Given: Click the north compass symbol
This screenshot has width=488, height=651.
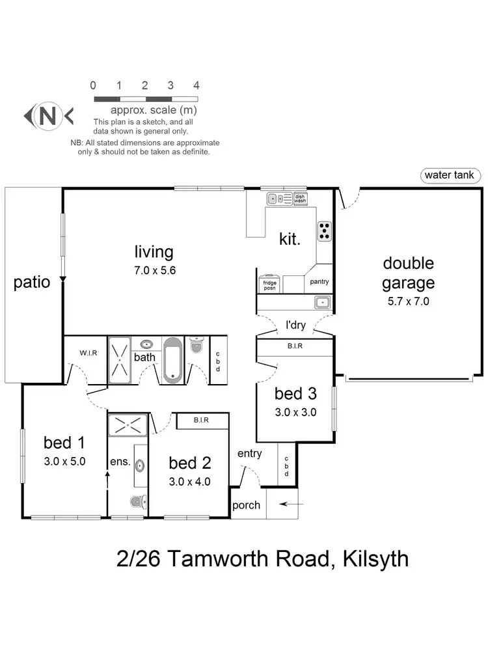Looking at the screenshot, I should tap(48, 116).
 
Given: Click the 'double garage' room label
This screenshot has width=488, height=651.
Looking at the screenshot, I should tap(408, 273).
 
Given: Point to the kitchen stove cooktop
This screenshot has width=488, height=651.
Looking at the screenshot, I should tap(324, 230).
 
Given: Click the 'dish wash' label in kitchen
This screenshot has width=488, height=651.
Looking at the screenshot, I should tap(300, 199).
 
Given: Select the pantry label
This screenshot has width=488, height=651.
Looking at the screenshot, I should tap(319, 282).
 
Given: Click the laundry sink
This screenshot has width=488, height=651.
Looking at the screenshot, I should tap(321, 302).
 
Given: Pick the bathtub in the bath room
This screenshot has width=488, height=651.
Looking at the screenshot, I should tap(173, 359).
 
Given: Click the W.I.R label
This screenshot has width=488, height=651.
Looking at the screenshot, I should tap(88, 353).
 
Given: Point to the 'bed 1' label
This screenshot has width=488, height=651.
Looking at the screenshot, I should tap(64, 443).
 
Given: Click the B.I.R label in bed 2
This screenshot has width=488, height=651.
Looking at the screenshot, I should tap(201, 421).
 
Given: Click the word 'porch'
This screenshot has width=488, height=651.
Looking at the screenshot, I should tap(247, 505).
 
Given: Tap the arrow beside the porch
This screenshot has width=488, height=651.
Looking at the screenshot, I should tap(293, 504).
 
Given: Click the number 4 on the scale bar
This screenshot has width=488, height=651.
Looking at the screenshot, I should tap(196, 85).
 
